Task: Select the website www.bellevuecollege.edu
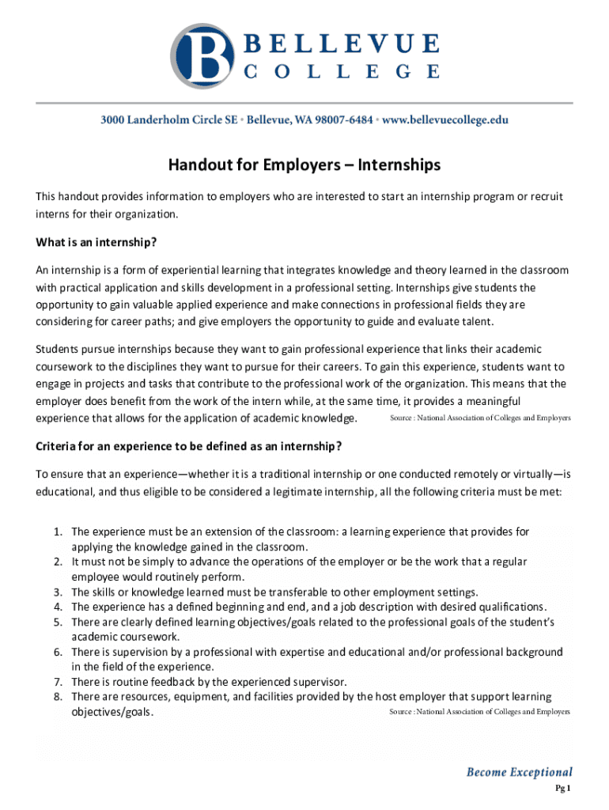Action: point(446,120)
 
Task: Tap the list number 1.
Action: point(58,532)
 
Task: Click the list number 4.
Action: point(58,607)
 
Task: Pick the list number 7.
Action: point(58,681)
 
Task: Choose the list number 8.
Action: point(58,696)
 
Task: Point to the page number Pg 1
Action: point(562,788)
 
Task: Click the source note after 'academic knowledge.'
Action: point(480,417)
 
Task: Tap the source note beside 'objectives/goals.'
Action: point(479,712)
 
